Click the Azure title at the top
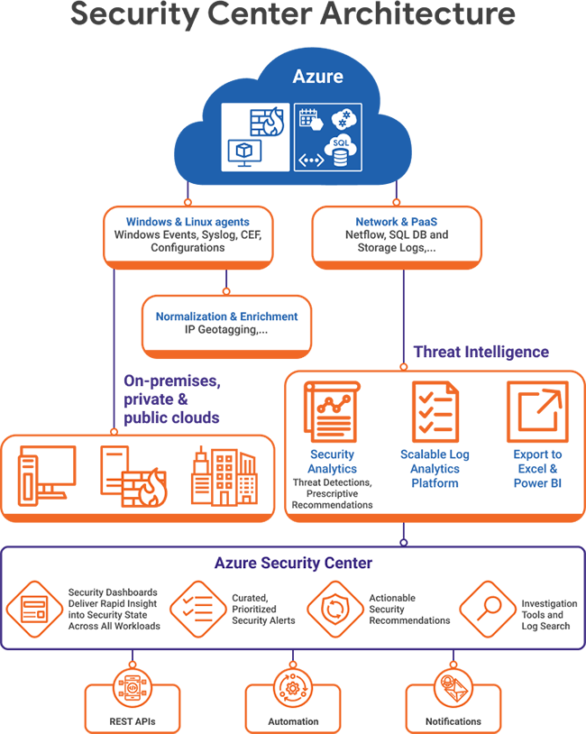click(317, 77)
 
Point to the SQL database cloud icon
click(341, 151)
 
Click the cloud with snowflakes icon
click(345, 119)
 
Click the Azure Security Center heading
click(293, 564)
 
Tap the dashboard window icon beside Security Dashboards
click(34, 609)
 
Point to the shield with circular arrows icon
click(334, 609)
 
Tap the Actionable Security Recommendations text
click(409, 609)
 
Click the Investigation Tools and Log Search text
click(549, 615)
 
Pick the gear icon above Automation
click(292, 691)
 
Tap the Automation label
click(293, 721)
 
